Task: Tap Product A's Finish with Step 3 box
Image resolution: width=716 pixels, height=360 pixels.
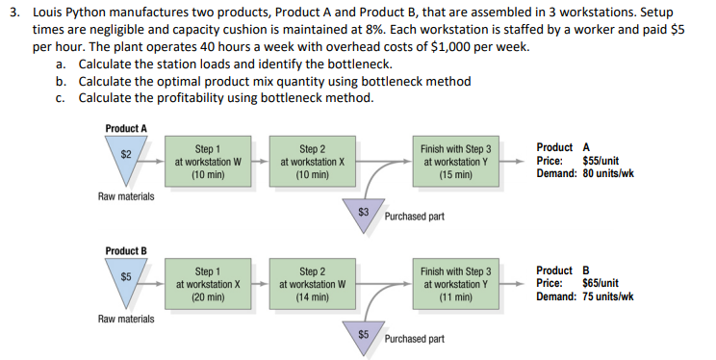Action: pos(455,163)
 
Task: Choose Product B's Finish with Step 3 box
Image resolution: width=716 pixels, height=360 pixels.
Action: pos(455,285)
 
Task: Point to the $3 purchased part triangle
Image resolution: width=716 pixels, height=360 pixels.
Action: pos(364,213)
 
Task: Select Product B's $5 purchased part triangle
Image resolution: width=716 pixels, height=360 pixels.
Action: pos(364,336)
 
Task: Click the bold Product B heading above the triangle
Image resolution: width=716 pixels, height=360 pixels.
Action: pos(126,251)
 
